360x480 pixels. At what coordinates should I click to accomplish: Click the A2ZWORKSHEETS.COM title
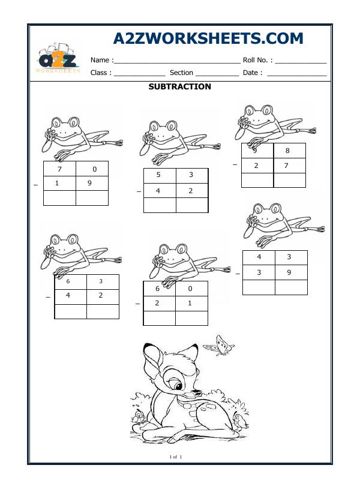(208, 39)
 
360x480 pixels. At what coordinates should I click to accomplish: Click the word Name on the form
(100, 60)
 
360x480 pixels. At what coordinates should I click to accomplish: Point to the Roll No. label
(257, 60)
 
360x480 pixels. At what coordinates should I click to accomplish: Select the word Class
(100, 73)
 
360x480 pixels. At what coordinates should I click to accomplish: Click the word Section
(181, 73)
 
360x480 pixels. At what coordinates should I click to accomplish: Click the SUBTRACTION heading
(179, 86)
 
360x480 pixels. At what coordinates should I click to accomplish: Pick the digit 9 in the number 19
(89, 183)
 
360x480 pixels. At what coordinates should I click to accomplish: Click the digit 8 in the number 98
(287, 151)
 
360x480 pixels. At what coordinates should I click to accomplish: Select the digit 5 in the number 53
(158, 175)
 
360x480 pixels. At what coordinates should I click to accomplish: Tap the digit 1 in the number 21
(190, 303)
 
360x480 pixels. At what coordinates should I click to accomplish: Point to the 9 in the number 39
(289, 272)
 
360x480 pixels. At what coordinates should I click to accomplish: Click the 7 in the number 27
(287, 166)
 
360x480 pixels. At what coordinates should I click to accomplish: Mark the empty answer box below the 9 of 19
(92, 198)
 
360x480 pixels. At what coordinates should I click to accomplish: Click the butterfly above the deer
(218, 346)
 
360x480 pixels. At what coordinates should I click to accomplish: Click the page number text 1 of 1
(176, 458)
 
